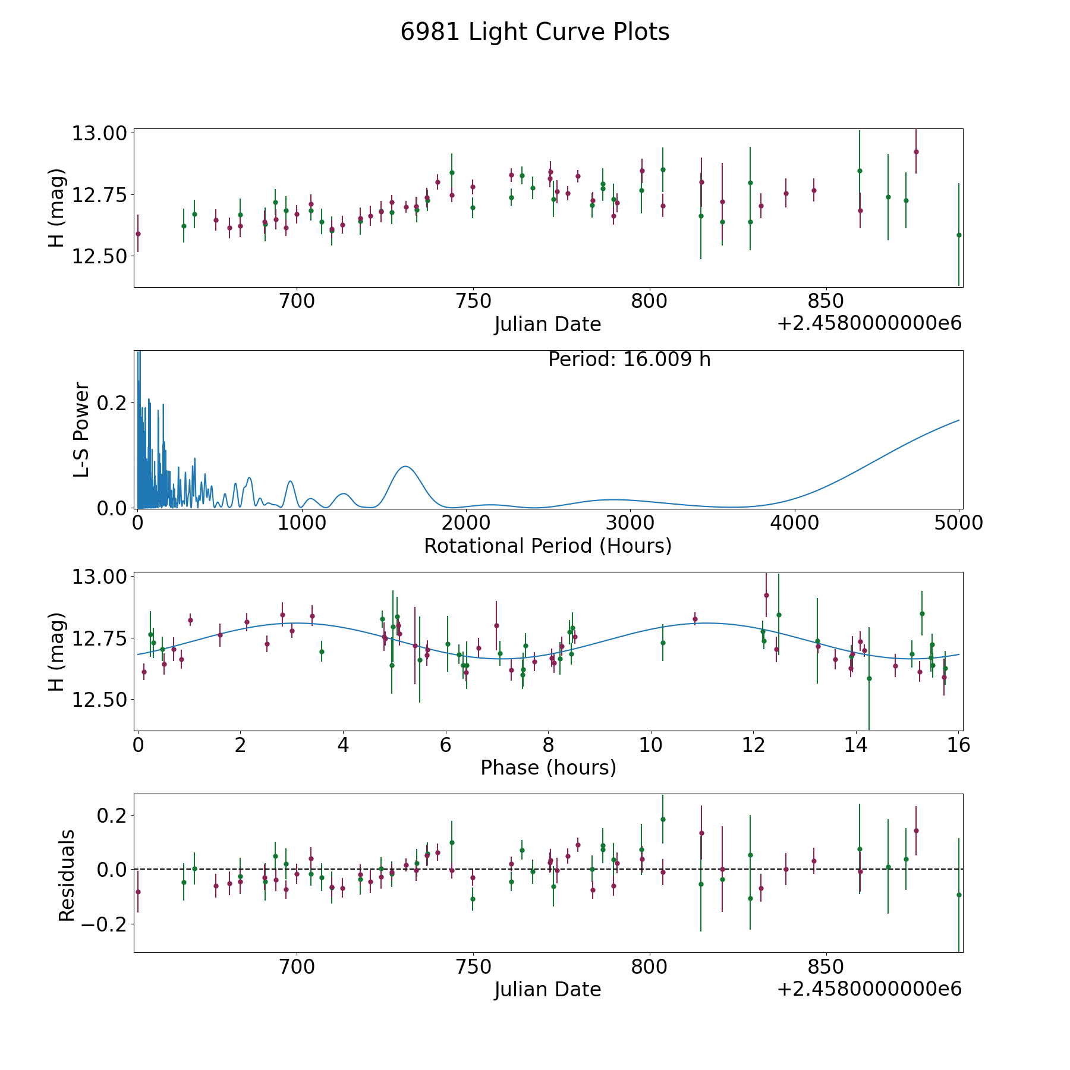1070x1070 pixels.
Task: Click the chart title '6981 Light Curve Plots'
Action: (535, 32)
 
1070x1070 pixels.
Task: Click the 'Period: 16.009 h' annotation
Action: (630, 360)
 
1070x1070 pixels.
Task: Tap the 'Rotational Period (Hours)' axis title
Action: (547, 546)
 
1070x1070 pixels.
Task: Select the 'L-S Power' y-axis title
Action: (81, 429)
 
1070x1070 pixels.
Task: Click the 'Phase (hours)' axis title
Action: (548, 767)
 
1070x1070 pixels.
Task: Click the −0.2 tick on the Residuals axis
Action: (104, 924)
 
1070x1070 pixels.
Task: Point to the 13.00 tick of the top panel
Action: (100, 133)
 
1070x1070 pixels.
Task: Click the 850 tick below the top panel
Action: (826, 301)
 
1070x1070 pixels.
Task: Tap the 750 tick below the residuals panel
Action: (473, 967)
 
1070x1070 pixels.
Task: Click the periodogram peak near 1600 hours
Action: (405, 467)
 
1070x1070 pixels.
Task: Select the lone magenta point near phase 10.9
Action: (695, 619)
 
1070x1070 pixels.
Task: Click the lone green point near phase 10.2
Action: (663, 643)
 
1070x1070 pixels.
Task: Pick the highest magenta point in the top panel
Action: (916, 152)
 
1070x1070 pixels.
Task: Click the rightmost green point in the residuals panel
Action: (959, 895)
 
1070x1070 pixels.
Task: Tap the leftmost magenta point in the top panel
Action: (138, 234)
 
